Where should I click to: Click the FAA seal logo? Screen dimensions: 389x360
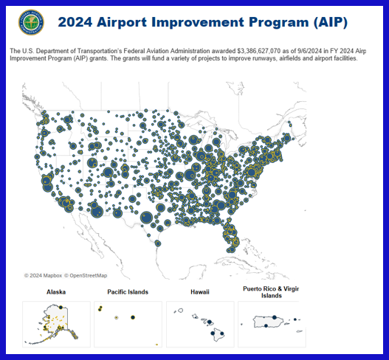click(x=31, y=22)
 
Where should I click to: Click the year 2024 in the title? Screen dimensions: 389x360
click(x=75, y=22)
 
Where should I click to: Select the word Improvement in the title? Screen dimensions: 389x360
click(x=198, y=22)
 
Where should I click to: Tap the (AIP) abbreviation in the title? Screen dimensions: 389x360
click(x=330, y=22)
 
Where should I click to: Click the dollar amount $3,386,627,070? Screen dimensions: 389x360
click(x=259, y=51)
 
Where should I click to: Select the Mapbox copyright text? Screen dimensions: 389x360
click(x=43, y=275)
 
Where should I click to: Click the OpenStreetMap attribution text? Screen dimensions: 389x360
click(x=86, y=275)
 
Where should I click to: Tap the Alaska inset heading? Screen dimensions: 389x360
click(x=56, y=292)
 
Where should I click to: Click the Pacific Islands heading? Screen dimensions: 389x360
click(x=128, y=292)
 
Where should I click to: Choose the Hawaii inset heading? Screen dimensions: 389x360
click(x=200, y=292)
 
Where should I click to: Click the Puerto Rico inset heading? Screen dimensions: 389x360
click(x=271, y=292)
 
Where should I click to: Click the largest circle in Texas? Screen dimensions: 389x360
click(x=147, y=218)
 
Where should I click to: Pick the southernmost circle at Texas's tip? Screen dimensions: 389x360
click(x=158, y=243)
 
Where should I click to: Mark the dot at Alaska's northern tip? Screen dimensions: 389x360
click(x=61, y=307)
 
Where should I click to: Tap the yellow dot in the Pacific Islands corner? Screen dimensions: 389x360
click(x=156, y=345)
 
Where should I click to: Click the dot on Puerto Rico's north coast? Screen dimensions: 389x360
click(x=275, y=317)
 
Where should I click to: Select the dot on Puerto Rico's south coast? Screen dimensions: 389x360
click(x=266, y=325)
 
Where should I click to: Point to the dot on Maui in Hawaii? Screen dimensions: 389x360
click(x=210, y=322)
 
